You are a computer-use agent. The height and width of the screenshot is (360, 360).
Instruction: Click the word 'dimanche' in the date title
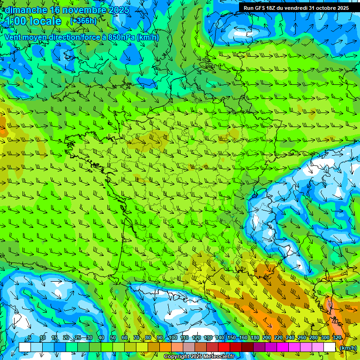(26, 10)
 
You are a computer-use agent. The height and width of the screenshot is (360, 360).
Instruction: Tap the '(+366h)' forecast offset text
(84, 21)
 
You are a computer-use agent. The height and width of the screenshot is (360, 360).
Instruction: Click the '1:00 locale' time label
(33, 21)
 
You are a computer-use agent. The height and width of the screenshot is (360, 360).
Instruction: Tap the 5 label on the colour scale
(30, 338)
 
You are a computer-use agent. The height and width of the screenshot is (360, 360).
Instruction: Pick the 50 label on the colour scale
(112, 338)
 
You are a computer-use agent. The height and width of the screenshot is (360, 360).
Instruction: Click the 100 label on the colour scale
(172, 338)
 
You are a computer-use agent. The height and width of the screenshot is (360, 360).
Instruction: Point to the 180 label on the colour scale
(255, 338)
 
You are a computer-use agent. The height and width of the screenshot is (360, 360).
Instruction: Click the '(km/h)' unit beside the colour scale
(348, 348)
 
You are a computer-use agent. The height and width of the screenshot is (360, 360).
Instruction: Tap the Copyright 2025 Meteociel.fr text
(198, 357)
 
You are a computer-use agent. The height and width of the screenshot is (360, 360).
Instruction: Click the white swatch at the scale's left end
(25, 347)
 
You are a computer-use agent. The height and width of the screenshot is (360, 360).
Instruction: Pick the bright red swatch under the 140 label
(224, 347)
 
